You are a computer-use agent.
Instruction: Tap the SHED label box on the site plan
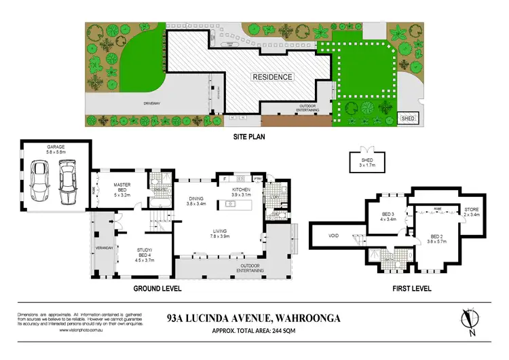[407, 119]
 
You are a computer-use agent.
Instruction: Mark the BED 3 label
[388, 217]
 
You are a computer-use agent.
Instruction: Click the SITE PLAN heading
[250, 136]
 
